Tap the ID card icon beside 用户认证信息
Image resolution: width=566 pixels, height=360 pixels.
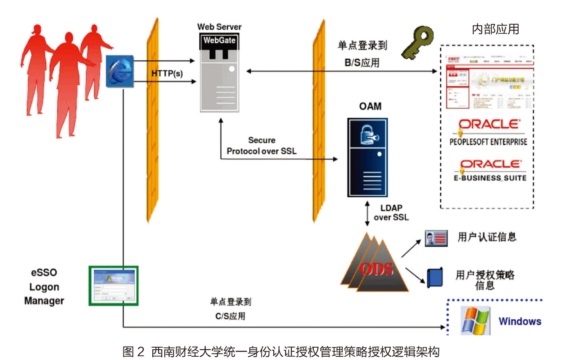pyautogui.click(x=436, y=238)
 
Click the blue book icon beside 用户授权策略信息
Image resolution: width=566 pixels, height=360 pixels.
pyautogui.click(x=435, y=278)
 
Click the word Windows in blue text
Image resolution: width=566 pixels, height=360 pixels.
pyautogui.click(x=520, y=321)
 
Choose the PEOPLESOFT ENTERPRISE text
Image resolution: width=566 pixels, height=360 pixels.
pyautogui.click(x=488, y=142)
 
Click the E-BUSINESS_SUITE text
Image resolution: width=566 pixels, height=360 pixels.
pyautogui.click(x=488, y=178)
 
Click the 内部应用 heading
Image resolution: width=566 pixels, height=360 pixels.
pyautogui.click(x=495, y=29)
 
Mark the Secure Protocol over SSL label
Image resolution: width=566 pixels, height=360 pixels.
pyautogui.click(x=261, y=146)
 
